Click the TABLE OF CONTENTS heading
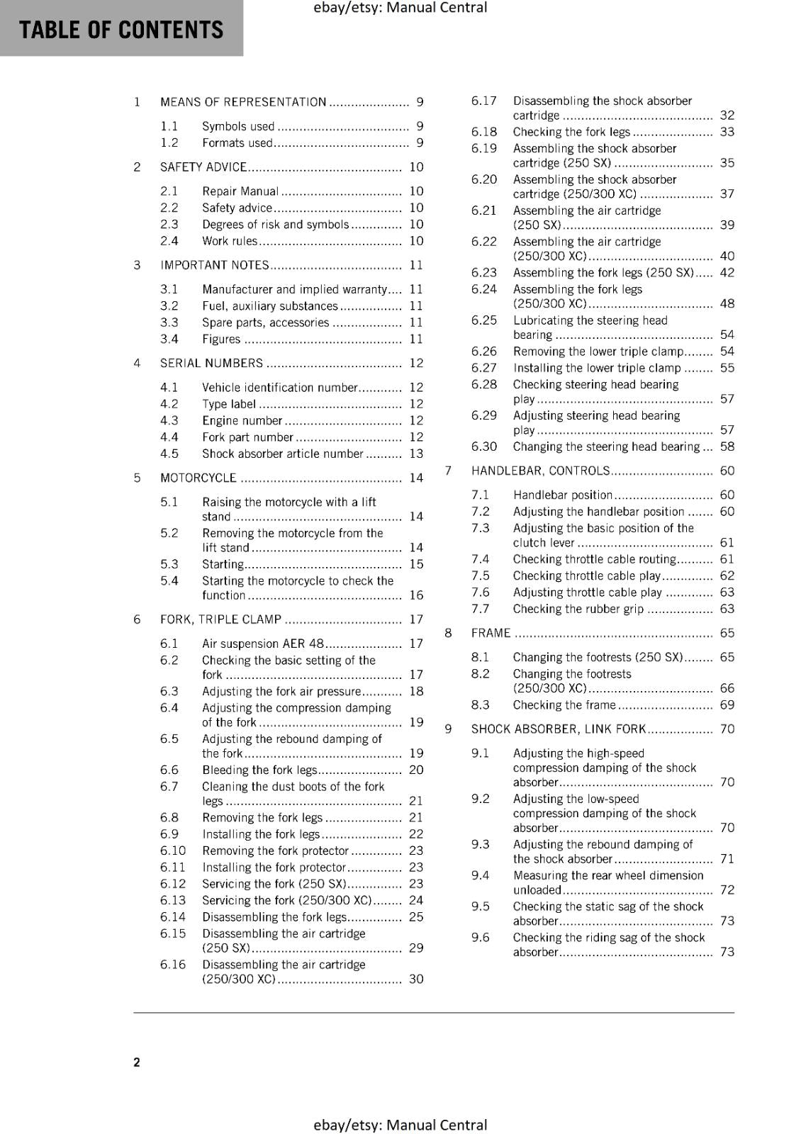121,30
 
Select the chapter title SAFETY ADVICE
203,167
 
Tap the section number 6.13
172,900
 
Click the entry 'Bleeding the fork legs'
259,770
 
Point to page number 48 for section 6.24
727,303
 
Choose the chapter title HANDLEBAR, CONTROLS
540,471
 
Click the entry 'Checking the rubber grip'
578,609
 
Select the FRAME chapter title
491,633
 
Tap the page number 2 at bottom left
137,1062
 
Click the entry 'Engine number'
242,420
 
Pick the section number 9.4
480,875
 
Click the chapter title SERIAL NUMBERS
211,363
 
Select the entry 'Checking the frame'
564,704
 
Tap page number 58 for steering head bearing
727,447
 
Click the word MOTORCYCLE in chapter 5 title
198,478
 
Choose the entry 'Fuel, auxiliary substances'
270,305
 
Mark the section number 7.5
480,576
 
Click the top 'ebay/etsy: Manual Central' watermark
400,8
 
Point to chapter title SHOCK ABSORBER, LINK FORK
559,729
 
